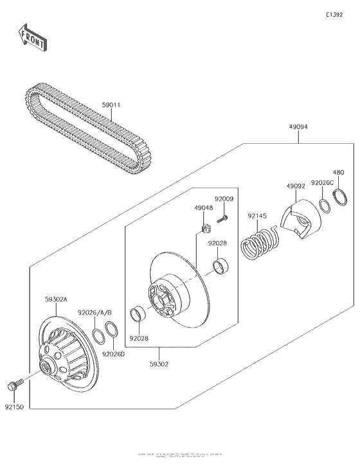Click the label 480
338,172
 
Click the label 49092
296,186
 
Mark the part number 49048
204,208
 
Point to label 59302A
56,299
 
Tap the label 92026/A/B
95,313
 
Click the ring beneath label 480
340,196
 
